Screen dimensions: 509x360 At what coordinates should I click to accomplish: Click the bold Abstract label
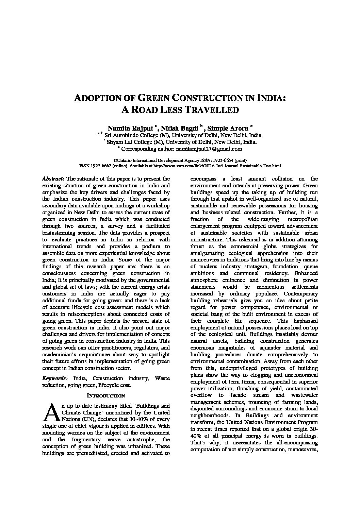click(53, 179)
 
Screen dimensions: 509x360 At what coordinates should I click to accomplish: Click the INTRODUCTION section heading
click(106, 396)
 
